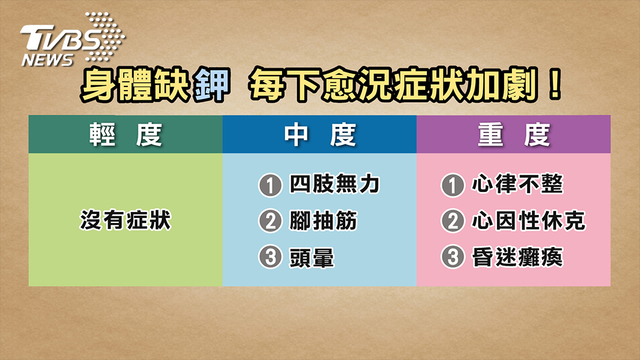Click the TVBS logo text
[x=60, y=37]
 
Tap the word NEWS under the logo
[x=47, y=60]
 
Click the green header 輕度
[x=126, y=134]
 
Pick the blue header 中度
[x=319, y=134]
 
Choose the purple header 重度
[x=513, y=134]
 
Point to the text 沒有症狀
[x=126, y=220]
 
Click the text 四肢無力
[x=334, y=184]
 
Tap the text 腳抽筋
[x=323, y=220]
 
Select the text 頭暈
[x=312, y=257]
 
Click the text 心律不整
[x=517, y=184]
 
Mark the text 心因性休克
[x=528, y=220]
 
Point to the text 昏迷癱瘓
[x=517, y=257]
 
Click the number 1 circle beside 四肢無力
[x=270, y=185]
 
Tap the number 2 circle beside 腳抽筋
[x=270, y=221]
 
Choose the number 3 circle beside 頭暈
[x=270, y=257]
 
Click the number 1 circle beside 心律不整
[x=452, y=185]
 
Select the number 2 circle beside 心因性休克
[x=452, y=221]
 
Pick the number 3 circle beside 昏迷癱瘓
[x=452, y=257]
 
